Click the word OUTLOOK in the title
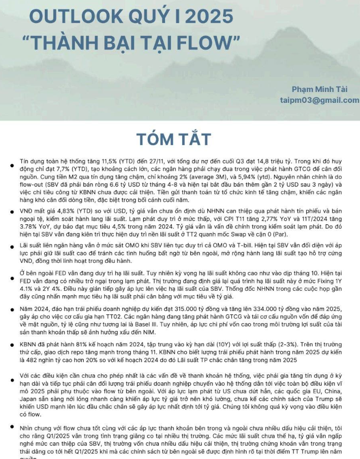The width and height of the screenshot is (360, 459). coord(69,17)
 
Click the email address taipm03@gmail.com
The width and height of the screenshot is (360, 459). coord(320,100)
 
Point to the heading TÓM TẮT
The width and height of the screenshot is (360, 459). coord(173,139)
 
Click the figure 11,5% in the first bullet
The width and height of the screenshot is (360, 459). coord(97,161)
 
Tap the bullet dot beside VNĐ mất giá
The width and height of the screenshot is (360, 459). coord(13,212)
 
